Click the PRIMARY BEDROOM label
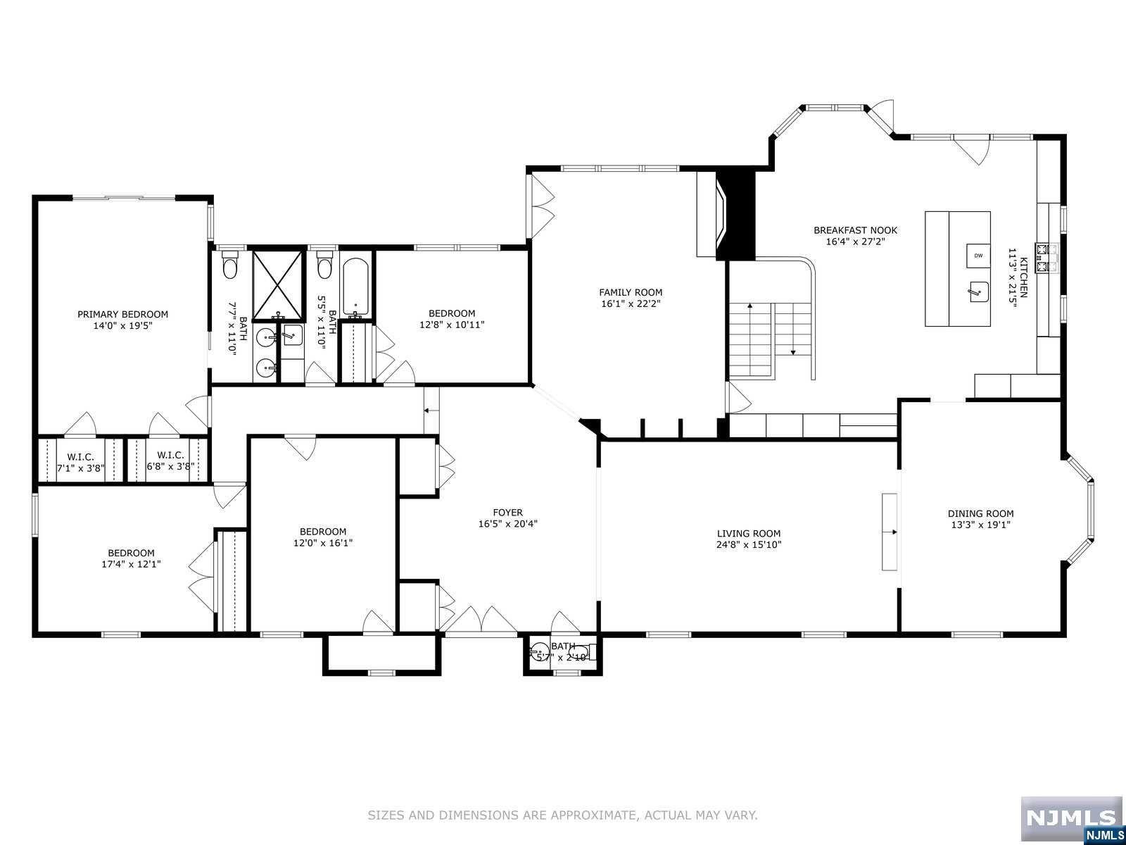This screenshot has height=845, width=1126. pyautogui.click(x=122, y=314)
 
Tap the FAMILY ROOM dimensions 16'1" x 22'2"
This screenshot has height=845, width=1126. pyautogui.click(x=631, y=304)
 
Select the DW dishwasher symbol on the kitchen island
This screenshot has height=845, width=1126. pyautogui.click(x=978, y=256)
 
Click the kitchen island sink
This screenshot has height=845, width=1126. pyautogui.click(x=978, y=291)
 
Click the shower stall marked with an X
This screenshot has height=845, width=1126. pyautogui.click(x=279, y=283)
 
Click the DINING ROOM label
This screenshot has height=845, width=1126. pyautogui.click(x=980, y=513)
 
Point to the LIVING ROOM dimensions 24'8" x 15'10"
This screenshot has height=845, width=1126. pyautogui.click(x=749, y=544)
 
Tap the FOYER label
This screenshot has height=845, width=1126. pyautogui.click(x=507, y=513)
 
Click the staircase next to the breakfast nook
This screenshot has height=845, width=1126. pyautogui.click(x=772, y=339)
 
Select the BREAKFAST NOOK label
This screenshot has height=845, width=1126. pyautogui.click(x=855, y=230)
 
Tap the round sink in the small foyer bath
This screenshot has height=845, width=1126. pyautogui.click(x=540, y=651)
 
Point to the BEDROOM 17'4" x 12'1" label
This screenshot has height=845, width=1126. pyautogui.click(x=131, y=553)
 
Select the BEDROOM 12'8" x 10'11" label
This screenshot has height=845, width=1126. pyautogui.click(x=452, y=313)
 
